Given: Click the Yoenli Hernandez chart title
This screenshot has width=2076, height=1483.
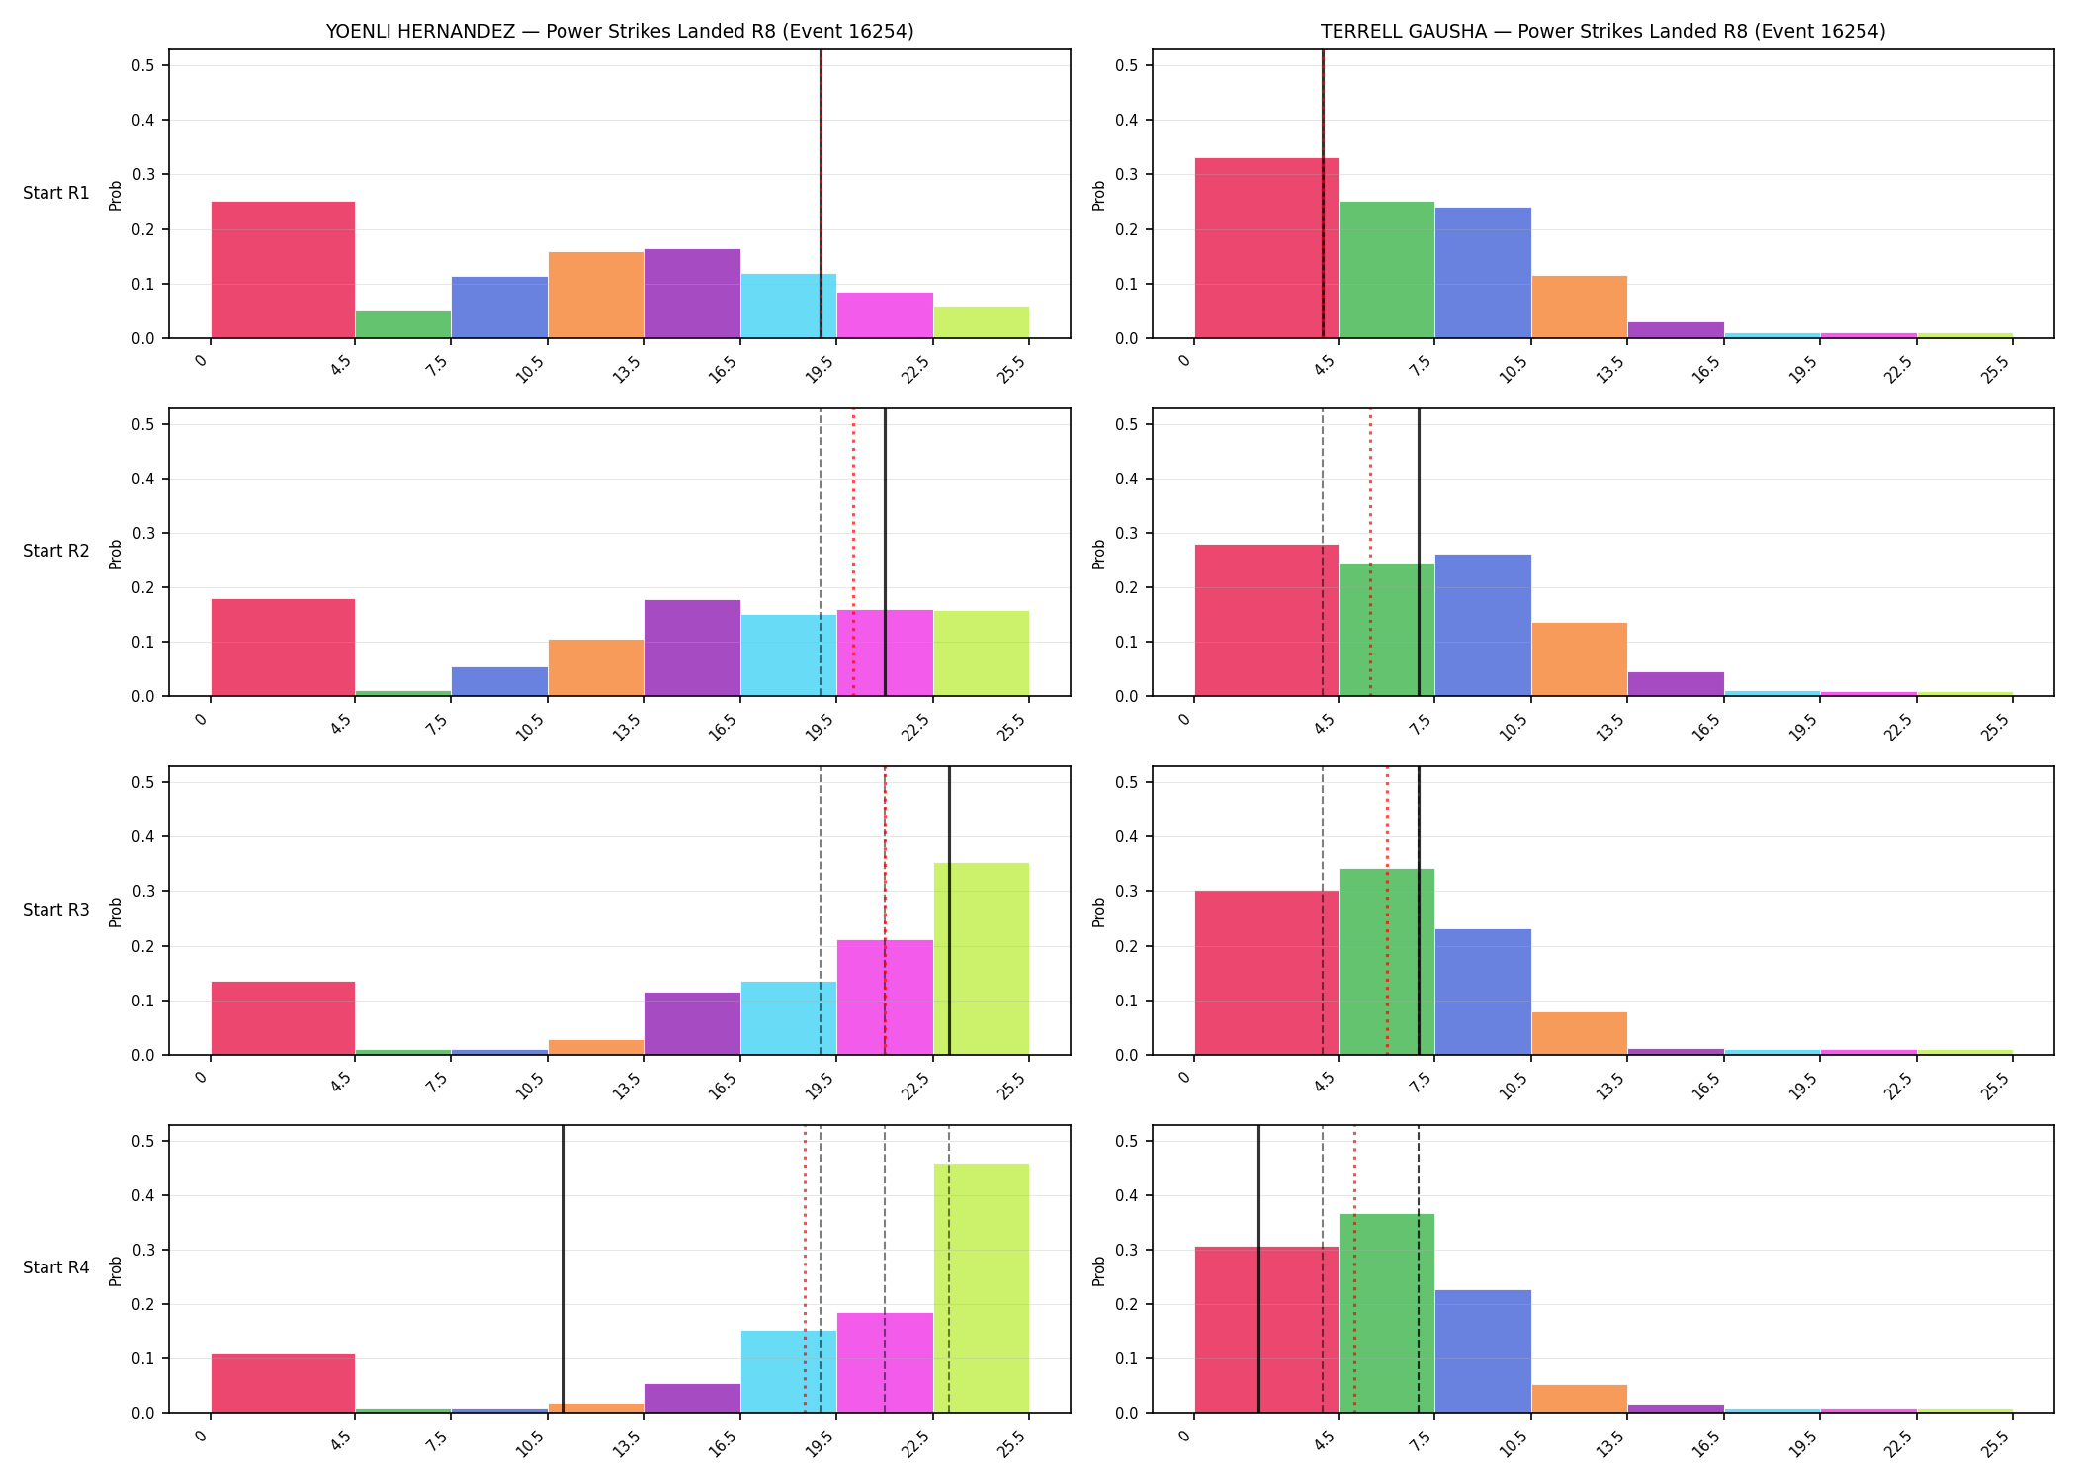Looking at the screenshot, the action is [x=620, y=31].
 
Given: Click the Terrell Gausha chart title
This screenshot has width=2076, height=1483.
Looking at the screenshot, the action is [x=1602, y=31].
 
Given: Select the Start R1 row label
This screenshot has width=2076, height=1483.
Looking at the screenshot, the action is [x=56, y=193].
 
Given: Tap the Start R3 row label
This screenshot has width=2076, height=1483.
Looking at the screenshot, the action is [x=56, y=910].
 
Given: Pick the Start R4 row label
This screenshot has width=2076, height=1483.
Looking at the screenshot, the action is [x=56, y=1267].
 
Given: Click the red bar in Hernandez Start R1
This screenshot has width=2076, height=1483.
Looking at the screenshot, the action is [x=283, y=270].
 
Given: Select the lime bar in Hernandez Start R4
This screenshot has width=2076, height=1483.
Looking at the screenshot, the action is [x=982, y=1288].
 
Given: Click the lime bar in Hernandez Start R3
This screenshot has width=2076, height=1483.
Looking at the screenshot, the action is [x=982, y=959].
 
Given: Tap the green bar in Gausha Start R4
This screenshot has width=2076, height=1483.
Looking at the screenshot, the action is [x=1387, y=1313].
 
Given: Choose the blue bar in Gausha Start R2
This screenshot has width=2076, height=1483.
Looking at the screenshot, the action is [x=1483, y=625].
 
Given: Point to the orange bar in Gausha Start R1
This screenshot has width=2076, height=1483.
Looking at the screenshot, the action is [x=1580, y=306].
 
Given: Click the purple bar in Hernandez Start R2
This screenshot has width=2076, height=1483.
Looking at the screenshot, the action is [x=692, y=648].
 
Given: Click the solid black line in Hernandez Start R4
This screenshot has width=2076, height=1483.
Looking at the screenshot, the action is [x=563, y=1269].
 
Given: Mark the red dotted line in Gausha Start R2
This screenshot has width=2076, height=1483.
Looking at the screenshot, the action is [x=1370, y=553].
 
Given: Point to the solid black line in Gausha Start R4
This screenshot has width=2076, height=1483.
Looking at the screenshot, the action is [x=1258, y=1269].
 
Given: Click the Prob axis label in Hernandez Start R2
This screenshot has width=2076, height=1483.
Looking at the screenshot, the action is [x=116, y=554].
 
